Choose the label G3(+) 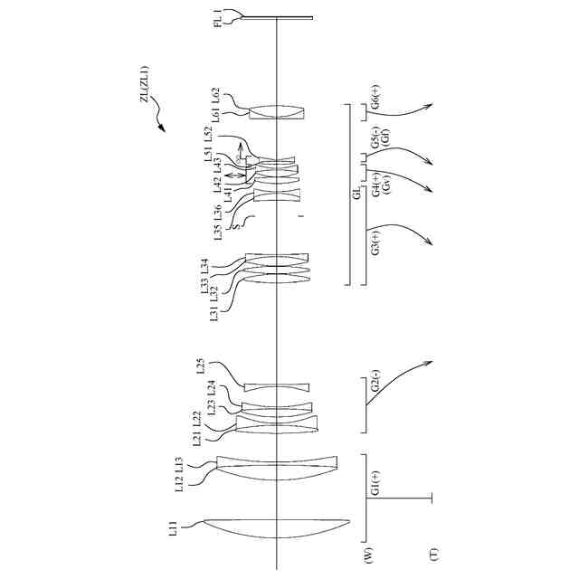(375, 242)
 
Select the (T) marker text (433, 552)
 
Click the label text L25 (201, 366)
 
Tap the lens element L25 (277, 387)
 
